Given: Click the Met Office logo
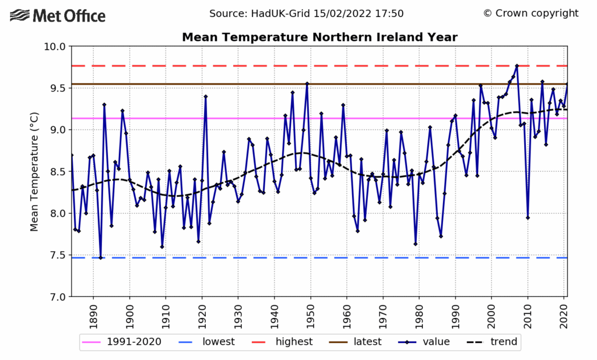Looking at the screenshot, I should (58, 15).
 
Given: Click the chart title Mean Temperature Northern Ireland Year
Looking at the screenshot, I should (319, 37).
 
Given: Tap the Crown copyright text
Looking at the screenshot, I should (531, 13).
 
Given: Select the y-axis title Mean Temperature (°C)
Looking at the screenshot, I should (34, 172).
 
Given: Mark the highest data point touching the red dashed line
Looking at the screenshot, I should (517, 66).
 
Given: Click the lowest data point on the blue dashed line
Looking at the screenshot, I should (100, 257).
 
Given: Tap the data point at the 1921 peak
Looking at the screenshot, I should (206, 96).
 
